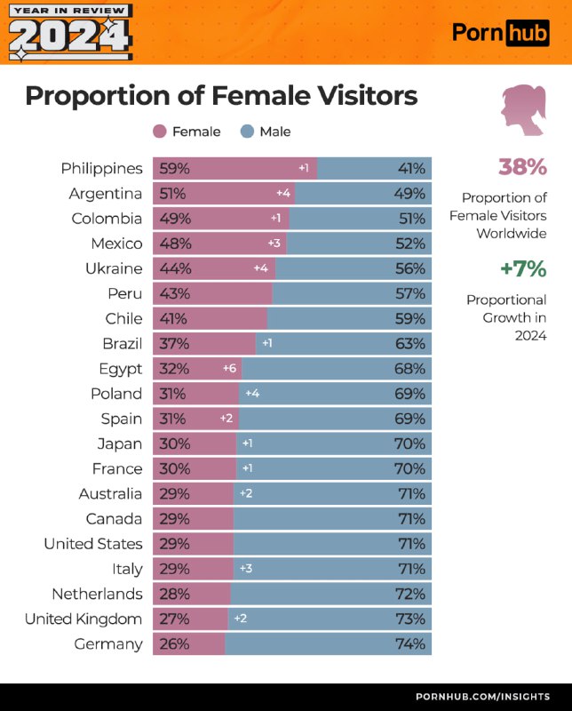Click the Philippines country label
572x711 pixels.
[101, 168]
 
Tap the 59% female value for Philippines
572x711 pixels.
[174, 168]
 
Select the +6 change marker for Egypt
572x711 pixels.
[229, 368]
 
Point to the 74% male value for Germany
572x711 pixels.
[411, 643]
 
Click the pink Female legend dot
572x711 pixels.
[160, 132]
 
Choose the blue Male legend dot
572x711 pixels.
[247, 132]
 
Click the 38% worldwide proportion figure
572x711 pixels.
[522, 167]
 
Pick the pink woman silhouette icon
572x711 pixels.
[523, 110]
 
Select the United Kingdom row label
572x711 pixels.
[83, 619]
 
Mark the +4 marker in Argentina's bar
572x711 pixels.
[282, 193]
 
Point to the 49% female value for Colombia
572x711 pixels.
[174, 218]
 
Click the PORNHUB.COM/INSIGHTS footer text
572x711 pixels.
[483, 697]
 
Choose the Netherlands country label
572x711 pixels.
[97, 594]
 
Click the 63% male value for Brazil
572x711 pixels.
[411, 343]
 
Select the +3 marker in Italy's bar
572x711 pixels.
[245, 568]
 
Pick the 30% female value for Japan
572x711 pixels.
[174, 443]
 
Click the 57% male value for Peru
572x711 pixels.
[411, 293]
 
